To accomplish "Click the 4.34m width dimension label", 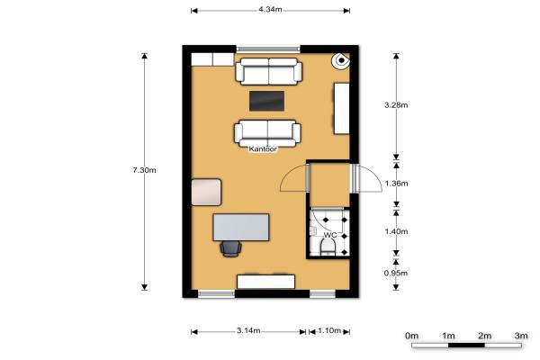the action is [270, 10].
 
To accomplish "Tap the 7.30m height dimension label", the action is [144, 170].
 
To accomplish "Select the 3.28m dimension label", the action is [396, 105].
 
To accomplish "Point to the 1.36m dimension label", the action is [396, 184].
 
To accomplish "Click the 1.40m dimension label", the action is [396, 231].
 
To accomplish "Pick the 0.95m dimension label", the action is [396, 274].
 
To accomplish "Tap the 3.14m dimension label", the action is [248, 330].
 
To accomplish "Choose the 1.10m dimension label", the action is [329, 330].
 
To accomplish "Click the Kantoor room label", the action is [263, 149].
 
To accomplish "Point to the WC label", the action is [330, 235].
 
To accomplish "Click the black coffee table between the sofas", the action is [267, 101].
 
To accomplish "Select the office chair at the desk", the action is [230, 248].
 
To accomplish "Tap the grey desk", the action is [241, 228].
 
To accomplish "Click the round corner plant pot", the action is [341, 60].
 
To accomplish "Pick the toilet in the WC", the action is [328, 247].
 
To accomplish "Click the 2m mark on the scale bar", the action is [484, 336].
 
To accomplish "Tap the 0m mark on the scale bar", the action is [412, 336].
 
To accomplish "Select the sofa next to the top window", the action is [268, 71].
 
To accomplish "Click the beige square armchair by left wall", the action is [206, 192].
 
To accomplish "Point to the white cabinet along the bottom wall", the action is [265, 282].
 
